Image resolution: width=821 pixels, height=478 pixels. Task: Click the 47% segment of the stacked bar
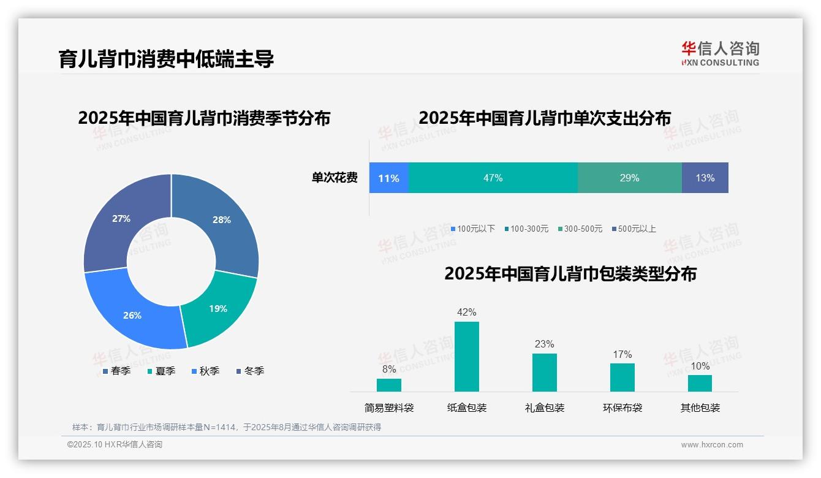(493, 178)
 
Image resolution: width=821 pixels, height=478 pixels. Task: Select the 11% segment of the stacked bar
(388, 178)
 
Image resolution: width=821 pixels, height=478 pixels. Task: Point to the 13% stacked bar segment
(705, 178)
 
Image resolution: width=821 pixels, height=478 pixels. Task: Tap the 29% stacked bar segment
(629, 178)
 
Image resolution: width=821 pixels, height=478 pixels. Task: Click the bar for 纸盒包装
(466, 357)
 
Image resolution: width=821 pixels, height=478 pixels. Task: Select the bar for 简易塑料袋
(388, 385)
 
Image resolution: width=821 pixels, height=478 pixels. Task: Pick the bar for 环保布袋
(622, 377)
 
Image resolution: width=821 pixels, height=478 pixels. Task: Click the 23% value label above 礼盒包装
(544, 344)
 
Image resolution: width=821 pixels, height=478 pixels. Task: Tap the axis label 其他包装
(700, 408)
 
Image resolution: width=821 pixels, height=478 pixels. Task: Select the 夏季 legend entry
(162, 371)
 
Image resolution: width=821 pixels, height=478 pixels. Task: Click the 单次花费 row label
(335, 178)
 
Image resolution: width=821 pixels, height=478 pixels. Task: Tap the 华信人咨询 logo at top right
(720, 53)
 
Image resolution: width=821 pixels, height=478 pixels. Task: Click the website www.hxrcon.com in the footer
(711, 444)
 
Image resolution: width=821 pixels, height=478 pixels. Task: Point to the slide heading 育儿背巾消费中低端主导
(166, 59)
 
